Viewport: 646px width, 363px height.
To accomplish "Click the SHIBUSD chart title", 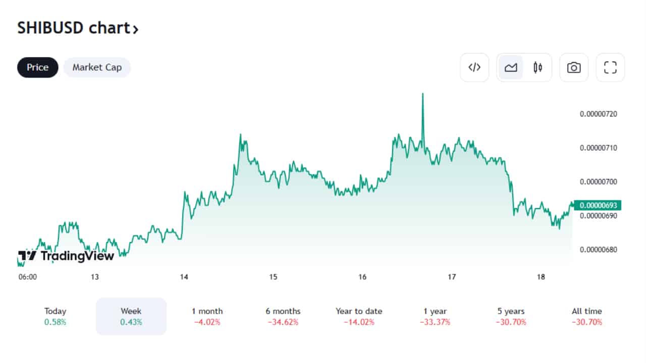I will (x=78, y=28).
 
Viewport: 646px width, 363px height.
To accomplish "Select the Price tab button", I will (x=38, y=68).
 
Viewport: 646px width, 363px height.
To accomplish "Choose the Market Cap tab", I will (x=97, y=68).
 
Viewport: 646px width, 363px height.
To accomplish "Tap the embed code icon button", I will (x=474, y=68).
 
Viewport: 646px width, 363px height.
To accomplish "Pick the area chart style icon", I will (x=511, y=68).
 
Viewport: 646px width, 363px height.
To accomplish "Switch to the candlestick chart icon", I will (x=538, y=68).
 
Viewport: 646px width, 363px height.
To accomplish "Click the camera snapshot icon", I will (x=574, y=68).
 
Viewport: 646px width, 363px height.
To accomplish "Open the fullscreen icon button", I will (x=611, y=68).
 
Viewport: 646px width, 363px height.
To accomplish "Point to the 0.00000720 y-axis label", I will (x=599, y=114).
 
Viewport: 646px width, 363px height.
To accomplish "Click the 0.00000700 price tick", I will (x=599, y=181).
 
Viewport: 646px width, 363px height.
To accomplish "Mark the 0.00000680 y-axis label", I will (x=599, y=250).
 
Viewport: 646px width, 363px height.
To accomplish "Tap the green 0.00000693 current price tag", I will (x=599, y=206).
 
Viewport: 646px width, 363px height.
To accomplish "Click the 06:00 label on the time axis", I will (x=27, y=277).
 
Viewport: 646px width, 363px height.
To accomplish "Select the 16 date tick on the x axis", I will (x=362, y=277).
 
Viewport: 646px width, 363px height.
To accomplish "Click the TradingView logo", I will (x=66, y=256).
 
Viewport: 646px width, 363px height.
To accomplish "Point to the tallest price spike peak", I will (x=422, y=94).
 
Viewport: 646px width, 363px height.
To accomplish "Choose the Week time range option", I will (x=131, y=316).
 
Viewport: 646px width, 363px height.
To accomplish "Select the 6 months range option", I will (x=283, y=316).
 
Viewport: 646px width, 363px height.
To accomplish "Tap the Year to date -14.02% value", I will (x=359, y=322).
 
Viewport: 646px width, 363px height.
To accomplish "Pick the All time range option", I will (x=587, y=316).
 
